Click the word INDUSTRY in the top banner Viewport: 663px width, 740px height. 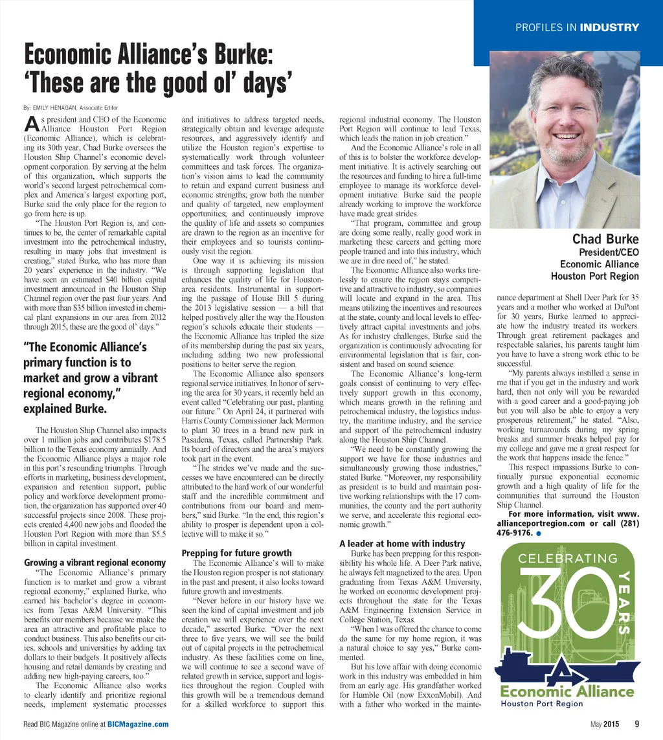pyautogui.click(x=609, y=28)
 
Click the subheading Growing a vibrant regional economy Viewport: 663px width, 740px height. pyautogui.click(x=95, y=563)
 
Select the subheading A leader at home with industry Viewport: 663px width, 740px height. pyautogui.click(x=402, y=543)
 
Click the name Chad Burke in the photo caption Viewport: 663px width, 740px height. pyautogui.click(x=605, y=240)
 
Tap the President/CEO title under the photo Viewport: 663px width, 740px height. pyautogui.click(x=608, y=252)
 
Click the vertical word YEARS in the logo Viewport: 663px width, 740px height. pyautogui.click(x=625, y=601)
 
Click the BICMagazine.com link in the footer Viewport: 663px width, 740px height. pyautogui.click(x=138, y=724)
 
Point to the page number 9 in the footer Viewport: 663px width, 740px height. pyautogui.click(x=637, y=724)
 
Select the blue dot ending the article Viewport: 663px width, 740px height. pyautogui.click(x=539, y=533)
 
